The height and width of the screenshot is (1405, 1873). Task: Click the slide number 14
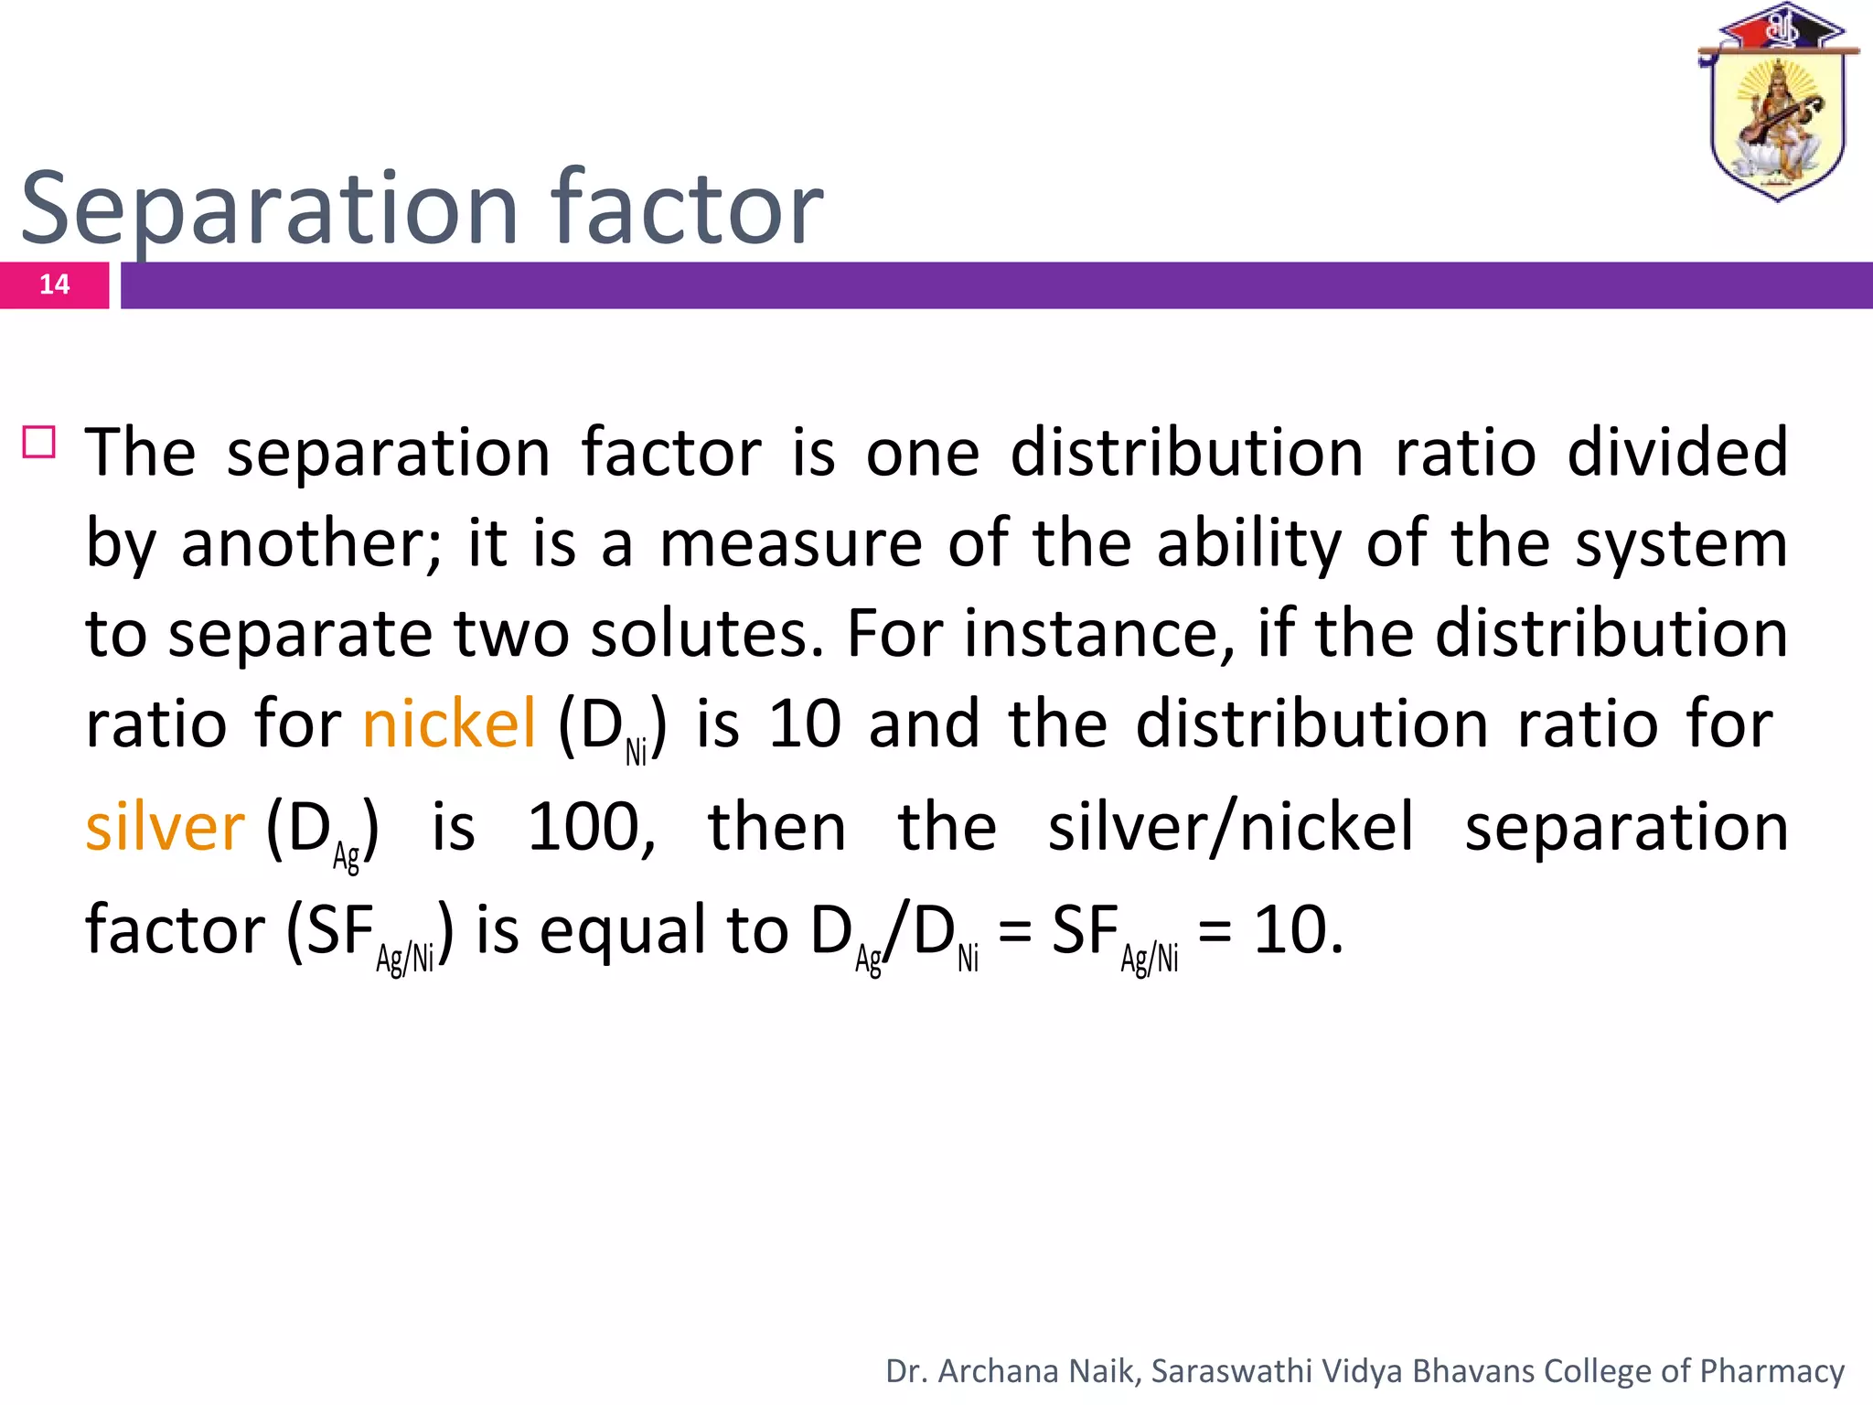tap(55, 284)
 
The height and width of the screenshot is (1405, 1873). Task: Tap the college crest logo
tap(1778, 105)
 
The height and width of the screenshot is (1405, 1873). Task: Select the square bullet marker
tap(39, 442)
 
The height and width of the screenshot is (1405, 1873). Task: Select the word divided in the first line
tap(1677, 453)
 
